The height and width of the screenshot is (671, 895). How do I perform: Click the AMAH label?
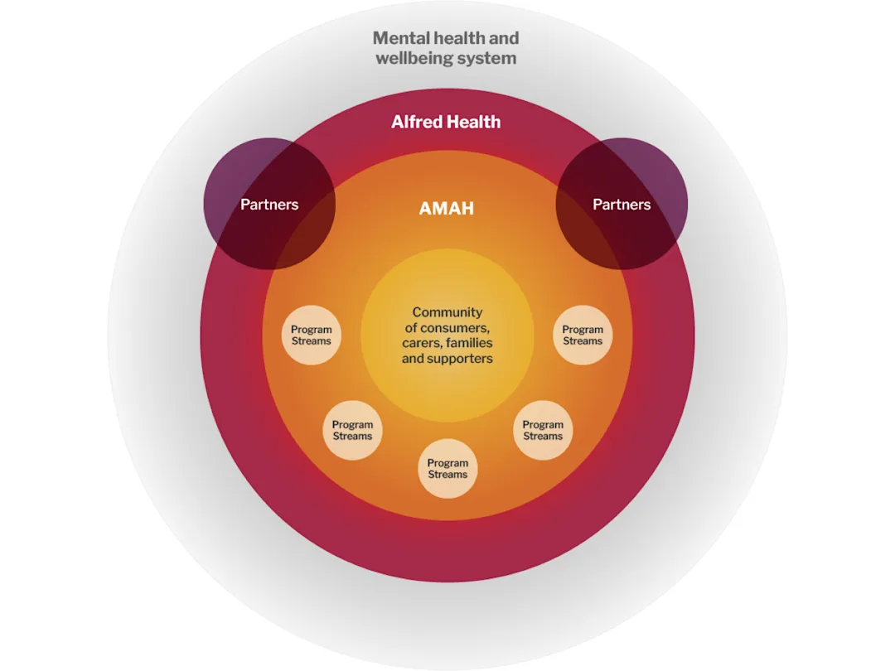coord(447,208)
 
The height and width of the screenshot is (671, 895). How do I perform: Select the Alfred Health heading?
coord(446,122)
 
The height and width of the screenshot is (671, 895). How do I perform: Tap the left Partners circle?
coord(269,204)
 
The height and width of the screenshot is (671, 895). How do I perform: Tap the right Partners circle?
coord(622,204)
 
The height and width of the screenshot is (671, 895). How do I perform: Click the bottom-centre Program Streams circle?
coord(447,468)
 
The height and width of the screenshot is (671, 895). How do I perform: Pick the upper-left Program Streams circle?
coord(311,335)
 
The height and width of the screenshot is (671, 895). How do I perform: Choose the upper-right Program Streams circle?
coord(583,335)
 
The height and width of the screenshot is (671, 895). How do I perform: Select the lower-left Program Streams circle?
coord(352,430)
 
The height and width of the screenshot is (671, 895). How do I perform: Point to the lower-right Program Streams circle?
coord(543,430)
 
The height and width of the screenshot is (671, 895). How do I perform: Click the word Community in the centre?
coord(447,312)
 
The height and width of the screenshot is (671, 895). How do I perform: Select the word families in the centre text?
coord(471,343)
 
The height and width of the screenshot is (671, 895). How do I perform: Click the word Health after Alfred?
coord(474,122)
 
